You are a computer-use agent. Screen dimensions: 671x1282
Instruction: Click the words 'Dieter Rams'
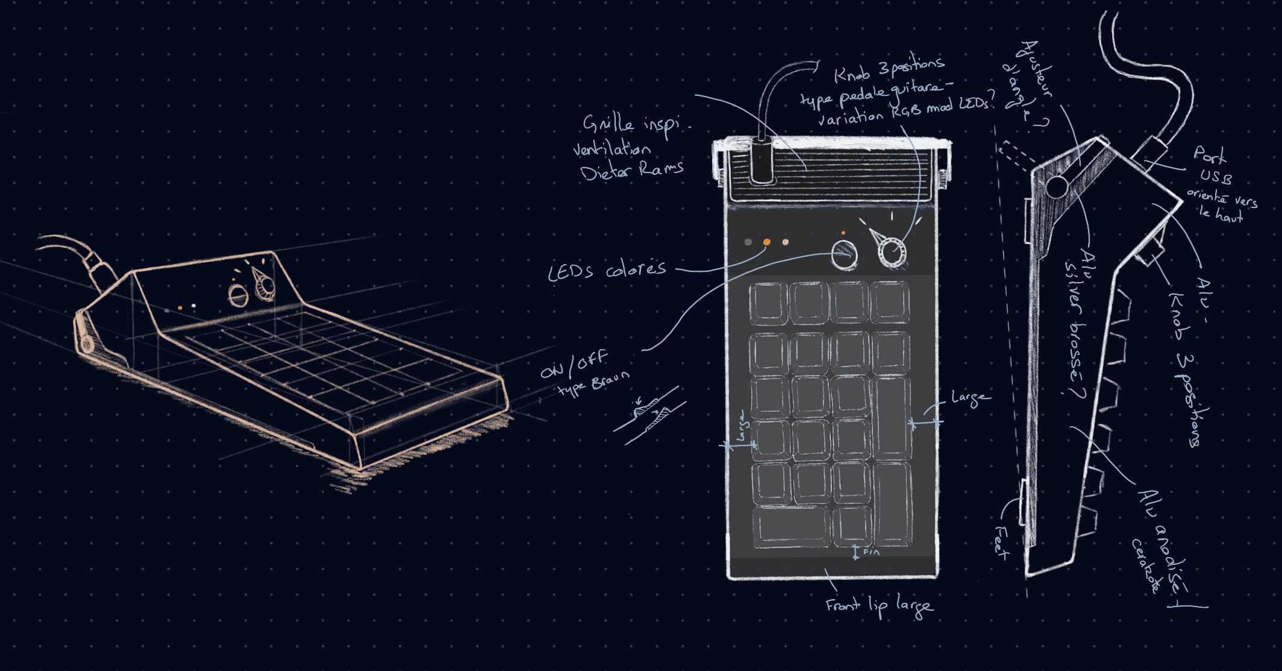point(631,171)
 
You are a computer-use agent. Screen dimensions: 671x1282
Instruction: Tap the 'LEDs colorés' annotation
point(607,270)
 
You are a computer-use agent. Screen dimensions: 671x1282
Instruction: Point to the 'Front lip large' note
point(879,605)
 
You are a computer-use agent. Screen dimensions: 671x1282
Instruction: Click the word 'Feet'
point(1001,542)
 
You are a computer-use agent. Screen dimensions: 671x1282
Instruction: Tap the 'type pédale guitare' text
point(871,92)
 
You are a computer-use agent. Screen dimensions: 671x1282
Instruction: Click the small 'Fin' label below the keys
point(871,552)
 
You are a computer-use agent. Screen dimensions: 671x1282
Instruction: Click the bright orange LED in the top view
point(766,242)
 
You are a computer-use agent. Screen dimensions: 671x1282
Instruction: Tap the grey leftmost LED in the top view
point(748,242)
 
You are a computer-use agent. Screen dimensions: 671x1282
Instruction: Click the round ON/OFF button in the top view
point(844,254)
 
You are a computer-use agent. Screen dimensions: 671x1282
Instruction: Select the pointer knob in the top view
point(891,250)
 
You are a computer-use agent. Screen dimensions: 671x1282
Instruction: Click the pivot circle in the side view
point(1057,186)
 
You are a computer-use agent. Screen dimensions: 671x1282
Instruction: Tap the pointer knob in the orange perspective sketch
point(264,286)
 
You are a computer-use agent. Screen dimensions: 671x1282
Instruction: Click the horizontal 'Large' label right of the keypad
point(969,398)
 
